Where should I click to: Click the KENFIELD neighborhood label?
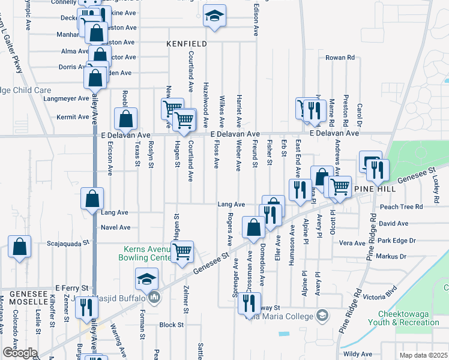coord(187,44)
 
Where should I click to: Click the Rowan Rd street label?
coord(340,58)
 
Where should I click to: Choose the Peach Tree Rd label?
coord(402,206)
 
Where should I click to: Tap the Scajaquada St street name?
coord(68,244)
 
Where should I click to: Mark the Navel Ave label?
coord(116,227)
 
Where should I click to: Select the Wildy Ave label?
coord(358,354)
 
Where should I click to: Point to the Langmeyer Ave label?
coord(66,98)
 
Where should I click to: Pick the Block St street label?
coord(172,325)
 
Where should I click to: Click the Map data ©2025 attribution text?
coord(423,355)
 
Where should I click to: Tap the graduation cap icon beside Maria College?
coord(323,314)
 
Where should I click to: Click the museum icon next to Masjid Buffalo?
coord(154,297)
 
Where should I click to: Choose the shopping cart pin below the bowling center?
coord(182,252)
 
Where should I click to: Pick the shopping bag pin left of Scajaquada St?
coord(20,247)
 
